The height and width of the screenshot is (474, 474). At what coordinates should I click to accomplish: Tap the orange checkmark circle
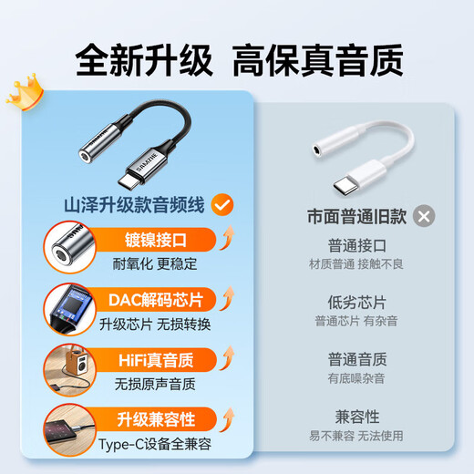click(x=222, y=204)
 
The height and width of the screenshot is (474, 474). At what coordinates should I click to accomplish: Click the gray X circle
click(x=423, y=216)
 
